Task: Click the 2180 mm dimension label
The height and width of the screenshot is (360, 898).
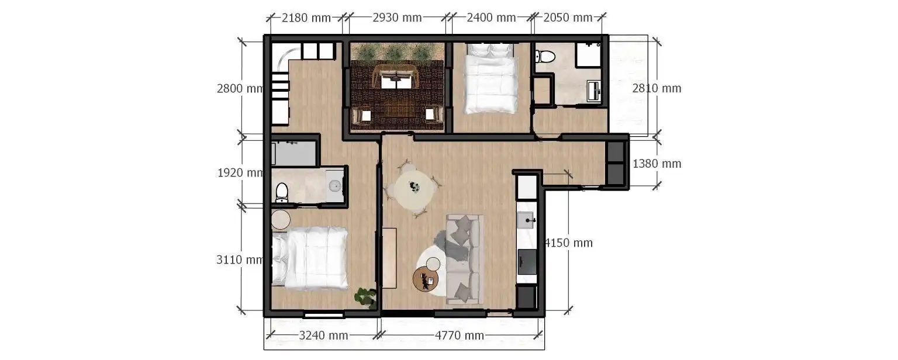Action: click(x=306, y=18)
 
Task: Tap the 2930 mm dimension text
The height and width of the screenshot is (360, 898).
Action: click(x=397, y=18)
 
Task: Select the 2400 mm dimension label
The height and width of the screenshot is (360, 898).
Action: click(x=491, y=18)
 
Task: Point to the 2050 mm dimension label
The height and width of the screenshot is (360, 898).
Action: click(x=568, y=18)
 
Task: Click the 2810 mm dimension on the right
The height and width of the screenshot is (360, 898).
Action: click(x=657, y=89)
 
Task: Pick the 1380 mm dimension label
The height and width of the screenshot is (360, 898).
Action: click(x=657, y=164)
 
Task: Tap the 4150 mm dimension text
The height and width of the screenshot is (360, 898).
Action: click(x=568, y=243)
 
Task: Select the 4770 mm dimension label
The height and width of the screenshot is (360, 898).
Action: click(x=460, y=335)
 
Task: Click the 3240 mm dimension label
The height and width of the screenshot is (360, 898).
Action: click(x=323, y=335)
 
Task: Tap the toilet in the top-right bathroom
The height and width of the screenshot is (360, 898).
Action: click(x=545, y=56)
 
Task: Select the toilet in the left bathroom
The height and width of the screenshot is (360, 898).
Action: click(x=282, y=192)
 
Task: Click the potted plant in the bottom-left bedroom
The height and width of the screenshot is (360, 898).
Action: click(x=365, y=297)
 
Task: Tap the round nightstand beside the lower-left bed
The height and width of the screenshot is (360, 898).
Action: click(x=281, y=220)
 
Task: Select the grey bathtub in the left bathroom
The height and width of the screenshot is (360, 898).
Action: click(x=294, y=154)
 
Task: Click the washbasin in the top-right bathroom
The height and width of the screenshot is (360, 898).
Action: click(x=594, y=91)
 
